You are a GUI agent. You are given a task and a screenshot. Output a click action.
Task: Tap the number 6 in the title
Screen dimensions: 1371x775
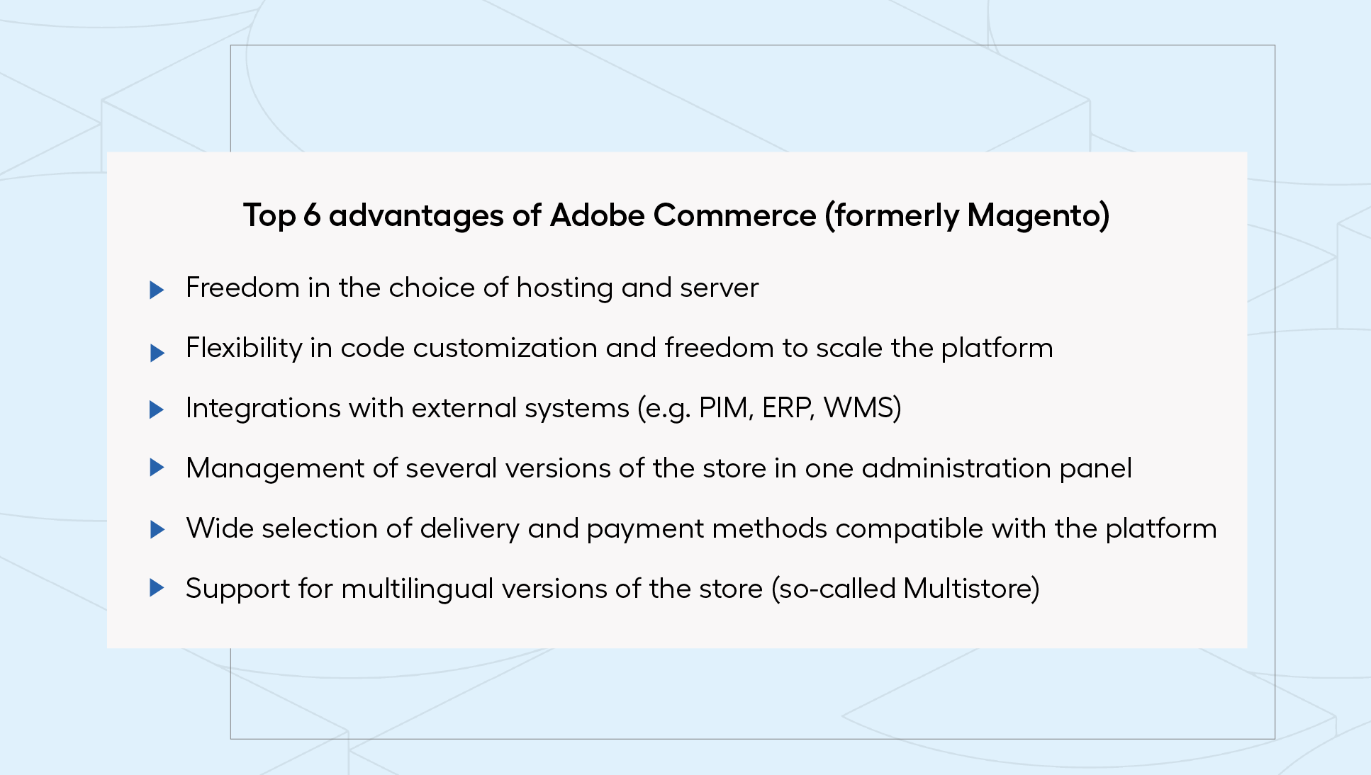312,215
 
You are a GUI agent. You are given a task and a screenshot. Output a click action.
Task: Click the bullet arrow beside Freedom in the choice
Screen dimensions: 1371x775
157,290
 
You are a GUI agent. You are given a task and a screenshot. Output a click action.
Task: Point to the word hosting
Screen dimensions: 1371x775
564,288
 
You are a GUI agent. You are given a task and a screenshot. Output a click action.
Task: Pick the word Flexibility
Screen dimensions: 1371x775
244,349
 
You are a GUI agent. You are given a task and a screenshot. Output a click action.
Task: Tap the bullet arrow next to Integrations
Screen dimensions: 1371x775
157,409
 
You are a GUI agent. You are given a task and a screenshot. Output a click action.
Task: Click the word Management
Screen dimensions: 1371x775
276,469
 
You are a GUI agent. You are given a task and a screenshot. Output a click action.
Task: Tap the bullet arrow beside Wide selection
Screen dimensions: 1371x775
157,530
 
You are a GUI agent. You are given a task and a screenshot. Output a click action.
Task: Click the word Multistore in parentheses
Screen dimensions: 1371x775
967,589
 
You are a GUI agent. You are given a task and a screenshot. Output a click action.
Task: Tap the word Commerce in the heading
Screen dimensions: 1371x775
734,215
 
